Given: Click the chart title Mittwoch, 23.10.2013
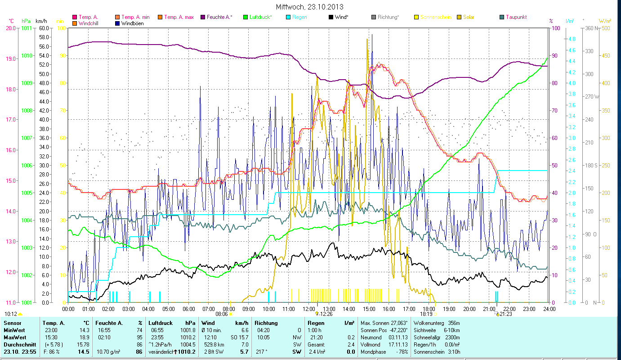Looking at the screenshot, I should coord(310,7).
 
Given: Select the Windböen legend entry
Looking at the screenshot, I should coord(132,23).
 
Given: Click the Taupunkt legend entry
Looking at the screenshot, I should coord(516,17).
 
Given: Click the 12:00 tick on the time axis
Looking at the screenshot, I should coord(309,309).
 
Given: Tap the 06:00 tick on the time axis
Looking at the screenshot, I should coord(188,309).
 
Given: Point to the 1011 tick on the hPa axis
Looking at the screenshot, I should coord(27,28).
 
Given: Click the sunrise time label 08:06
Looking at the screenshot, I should coord(222,314).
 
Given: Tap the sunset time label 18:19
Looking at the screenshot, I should coord(426,314).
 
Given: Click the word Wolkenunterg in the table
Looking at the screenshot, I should coord(429,323).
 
